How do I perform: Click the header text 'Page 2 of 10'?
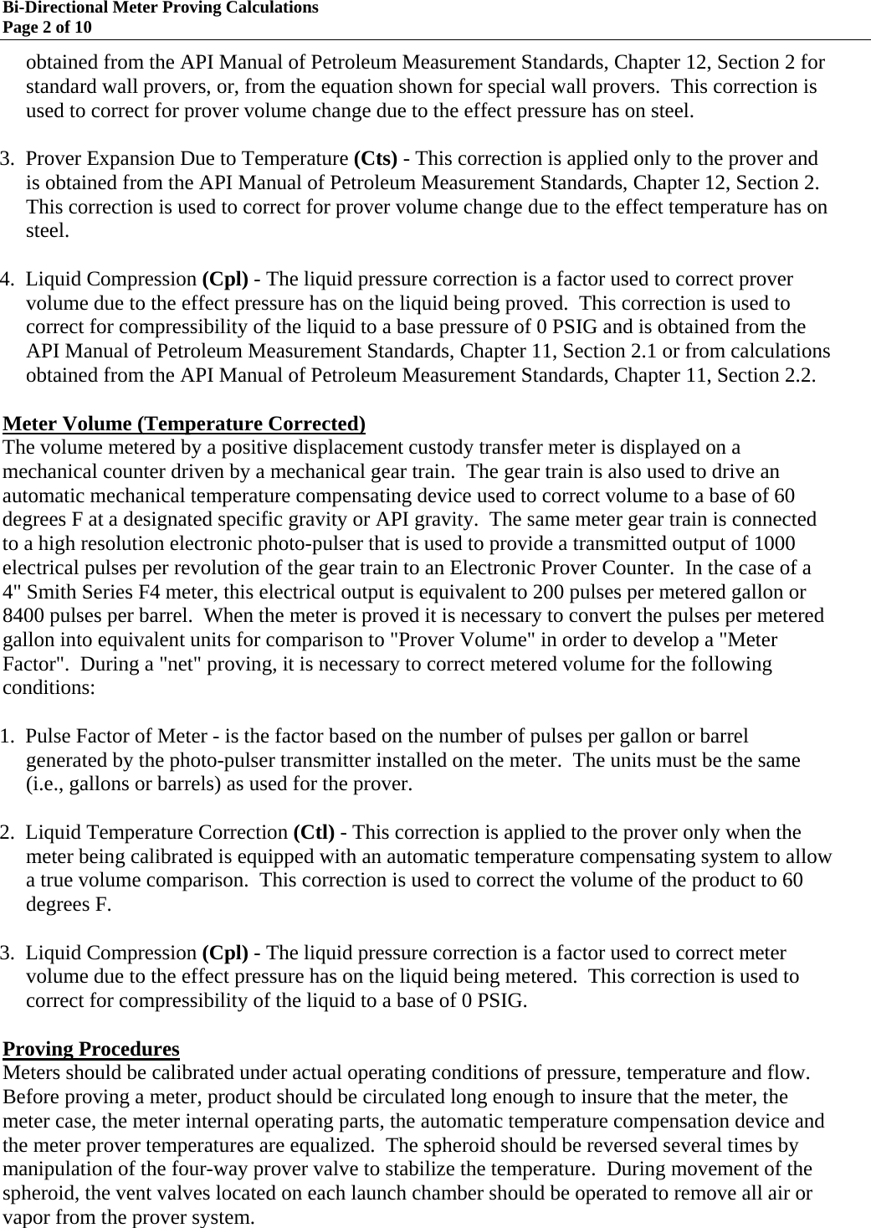point(48,28)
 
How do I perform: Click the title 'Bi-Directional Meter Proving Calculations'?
point(159,8)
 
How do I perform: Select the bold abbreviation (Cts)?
point(376,159)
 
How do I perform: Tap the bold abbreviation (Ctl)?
point(314,833)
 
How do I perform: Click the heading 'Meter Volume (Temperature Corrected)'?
point(184,424)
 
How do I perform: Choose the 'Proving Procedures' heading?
point(91,1049)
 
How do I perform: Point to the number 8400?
point(25,617)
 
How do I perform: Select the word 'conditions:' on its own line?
point(49,689)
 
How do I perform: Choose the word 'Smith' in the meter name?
point(49,593)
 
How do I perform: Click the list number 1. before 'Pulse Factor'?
point(9,737)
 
